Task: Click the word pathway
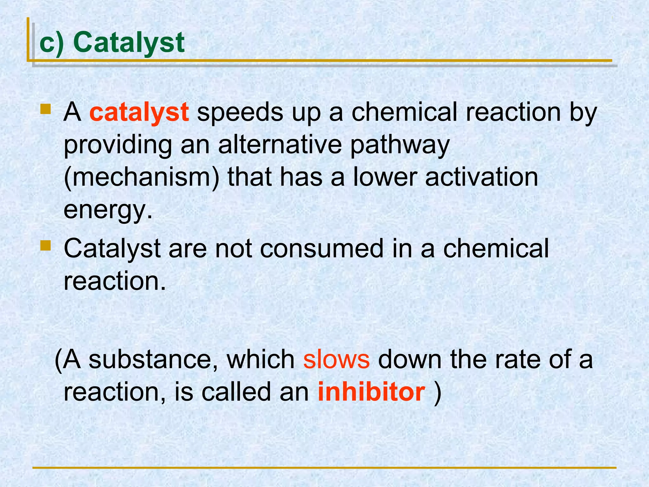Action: (x=400, y=145)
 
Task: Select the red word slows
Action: (x=336, y=360)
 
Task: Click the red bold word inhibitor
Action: (x=371, y=392)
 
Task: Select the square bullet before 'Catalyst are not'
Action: (x=46, y=245)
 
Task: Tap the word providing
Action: (x=118, y=145)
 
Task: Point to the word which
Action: (x=260, y=360)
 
